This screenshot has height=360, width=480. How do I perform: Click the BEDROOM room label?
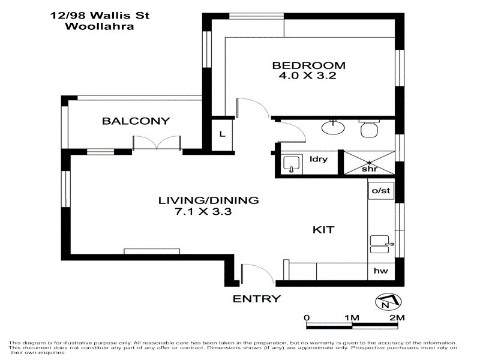click(309, 65)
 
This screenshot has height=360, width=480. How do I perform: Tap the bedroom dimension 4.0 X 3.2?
click(309, 77)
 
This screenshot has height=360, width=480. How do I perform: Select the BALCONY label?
click(136, 121)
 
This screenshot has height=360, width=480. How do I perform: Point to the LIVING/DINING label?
click(208, 200)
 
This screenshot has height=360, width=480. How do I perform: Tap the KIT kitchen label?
click(323, 230)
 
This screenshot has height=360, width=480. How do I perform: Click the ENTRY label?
click(256, 299)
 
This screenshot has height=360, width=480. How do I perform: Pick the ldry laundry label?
click(318, 159)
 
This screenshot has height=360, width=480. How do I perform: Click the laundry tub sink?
click(292, 163)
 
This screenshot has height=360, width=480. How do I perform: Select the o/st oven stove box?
click(381, 191)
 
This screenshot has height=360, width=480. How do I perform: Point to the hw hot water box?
click(380, 271)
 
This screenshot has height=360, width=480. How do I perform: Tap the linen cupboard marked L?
click(222, 134)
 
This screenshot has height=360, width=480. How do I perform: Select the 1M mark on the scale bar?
click(351, 317)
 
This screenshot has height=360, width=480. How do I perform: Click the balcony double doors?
click(157, 143)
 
